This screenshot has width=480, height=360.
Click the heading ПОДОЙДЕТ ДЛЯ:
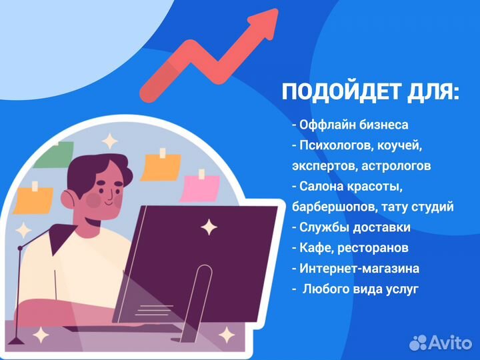pos(371,93)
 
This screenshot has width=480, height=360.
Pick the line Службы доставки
pos(351,227)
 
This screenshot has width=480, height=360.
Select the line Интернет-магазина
pos(355,269)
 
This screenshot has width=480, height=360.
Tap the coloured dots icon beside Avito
pos(418,343)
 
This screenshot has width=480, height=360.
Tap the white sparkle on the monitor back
pos(209,228)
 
